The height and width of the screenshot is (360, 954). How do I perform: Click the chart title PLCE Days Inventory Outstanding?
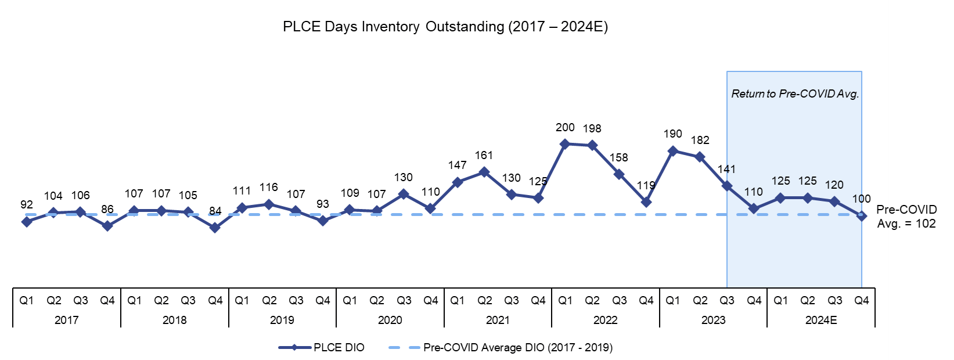pyautogui.click(x=445, y=27)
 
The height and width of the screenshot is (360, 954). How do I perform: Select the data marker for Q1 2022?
pyautogui.click(x=565, y=144)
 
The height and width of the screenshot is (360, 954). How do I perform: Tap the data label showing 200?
pyautogui.click(x=565, y=128)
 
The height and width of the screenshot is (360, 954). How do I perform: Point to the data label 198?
pyautogui.click(x=592, y=129)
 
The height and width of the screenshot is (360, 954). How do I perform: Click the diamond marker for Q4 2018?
pyautogui.click(x=215, y=228)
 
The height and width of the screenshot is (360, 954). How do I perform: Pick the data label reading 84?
pyautogui.click(x=215, y=211)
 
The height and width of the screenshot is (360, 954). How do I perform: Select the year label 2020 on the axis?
pyautogui.click(x=390, y=320)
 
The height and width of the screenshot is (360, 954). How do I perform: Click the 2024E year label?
pyautogui.click(x=820, y=320)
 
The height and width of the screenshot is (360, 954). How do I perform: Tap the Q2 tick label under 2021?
pyautogui.click(x=484, y=301)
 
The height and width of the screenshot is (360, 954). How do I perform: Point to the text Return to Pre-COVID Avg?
pyautogui.click(x=794, y=94)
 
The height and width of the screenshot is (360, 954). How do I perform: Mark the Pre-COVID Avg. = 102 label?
pyautogui.click(x=906, y=217)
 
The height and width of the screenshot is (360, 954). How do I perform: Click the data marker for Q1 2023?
pyautogui.click(x=673, y=151)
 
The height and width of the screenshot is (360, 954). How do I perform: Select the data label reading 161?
pyautogui.click(x=484, y=156)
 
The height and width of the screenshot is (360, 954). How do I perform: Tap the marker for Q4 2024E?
pyautogui.click(x=862, y=216)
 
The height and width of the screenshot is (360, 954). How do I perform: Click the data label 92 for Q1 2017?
pyautogui.click(x=27, y=205)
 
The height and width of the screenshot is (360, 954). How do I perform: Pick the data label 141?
pyautogui.click(x=726, y=170)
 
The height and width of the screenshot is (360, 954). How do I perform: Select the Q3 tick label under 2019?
pyautogui.click(x=296, y=301)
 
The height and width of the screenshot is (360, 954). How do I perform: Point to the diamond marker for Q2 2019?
pyautogui.click(x=269, y=204)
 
